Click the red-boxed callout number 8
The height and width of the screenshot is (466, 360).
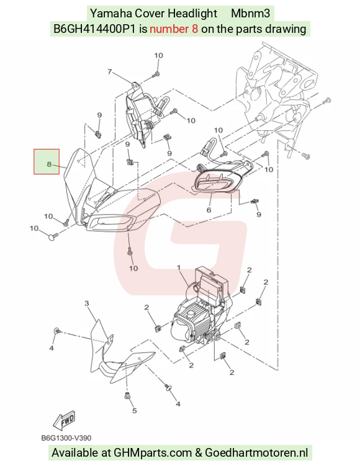click(49, 164)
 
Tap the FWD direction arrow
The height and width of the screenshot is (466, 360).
click(65, 420)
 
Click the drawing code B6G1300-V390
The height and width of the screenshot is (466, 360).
click(66, 438)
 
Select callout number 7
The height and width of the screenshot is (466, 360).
click(110, 71)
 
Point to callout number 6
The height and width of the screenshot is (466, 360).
click(209, 210)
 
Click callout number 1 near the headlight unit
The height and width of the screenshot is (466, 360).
click(179, 268)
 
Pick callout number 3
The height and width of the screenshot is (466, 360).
click(87, 303)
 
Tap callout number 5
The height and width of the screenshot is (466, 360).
click(134, 410)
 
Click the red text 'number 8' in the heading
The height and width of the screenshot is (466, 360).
click(174, 29)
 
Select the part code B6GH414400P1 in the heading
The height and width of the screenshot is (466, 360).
click(94, 29)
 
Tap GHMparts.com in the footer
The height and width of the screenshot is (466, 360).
click(153, 453)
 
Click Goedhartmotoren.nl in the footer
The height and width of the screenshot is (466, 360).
click(256, 452)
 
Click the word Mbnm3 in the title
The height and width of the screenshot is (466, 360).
click(250, 13)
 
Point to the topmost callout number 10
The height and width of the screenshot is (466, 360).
click(158, 55)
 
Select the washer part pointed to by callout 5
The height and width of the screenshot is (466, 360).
click(128, 396)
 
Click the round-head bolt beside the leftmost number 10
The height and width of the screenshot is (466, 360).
click(52, 237)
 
